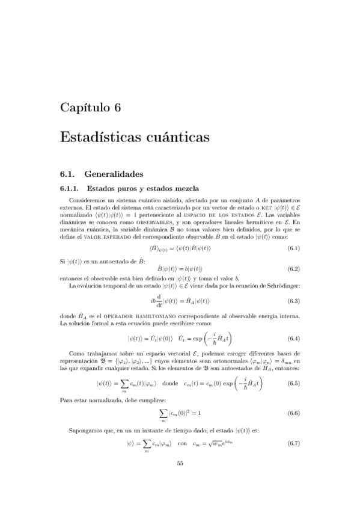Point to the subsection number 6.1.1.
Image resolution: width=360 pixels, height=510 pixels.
(x=71, y=188)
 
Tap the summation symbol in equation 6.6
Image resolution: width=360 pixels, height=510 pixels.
(x=163, y=413)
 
